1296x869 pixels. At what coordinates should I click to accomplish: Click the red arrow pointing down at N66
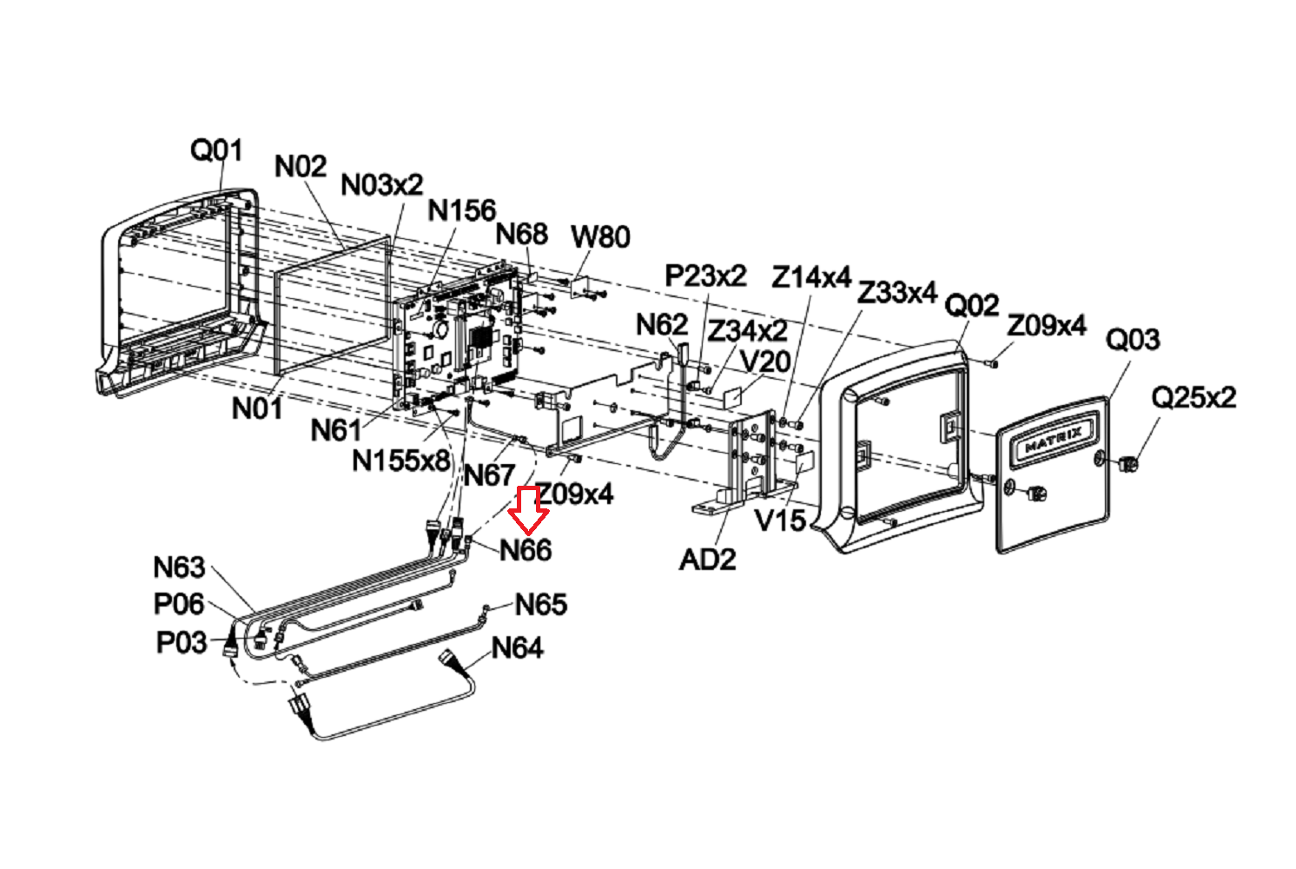[527, 509]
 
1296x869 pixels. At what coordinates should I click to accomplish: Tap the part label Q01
[216, 150]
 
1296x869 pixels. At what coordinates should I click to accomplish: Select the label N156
[462, 211]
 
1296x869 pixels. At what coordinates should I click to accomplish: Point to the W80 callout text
[600, 237]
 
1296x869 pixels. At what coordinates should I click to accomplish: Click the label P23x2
[706, 276]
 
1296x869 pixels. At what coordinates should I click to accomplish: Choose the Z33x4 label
[896, 293]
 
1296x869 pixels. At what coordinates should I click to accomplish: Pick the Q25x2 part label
[1194, 398]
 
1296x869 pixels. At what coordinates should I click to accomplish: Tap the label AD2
[708, 560]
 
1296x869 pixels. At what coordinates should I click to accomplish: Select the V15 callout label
[781, 521]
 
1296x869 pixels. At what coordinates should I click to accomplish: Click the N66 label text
[526, 550]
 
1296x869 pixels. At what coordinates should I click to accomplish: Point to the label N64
[517, 648]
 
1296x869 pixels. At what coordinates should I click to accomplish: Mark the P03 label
[182, 643]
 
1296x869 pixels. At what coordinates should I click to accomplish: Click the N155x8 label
[401, 461]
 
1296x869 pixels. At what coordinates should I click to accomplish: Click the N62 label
[662, 325]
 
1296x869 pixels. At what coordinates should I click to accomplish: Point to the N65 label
[541, 605]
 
